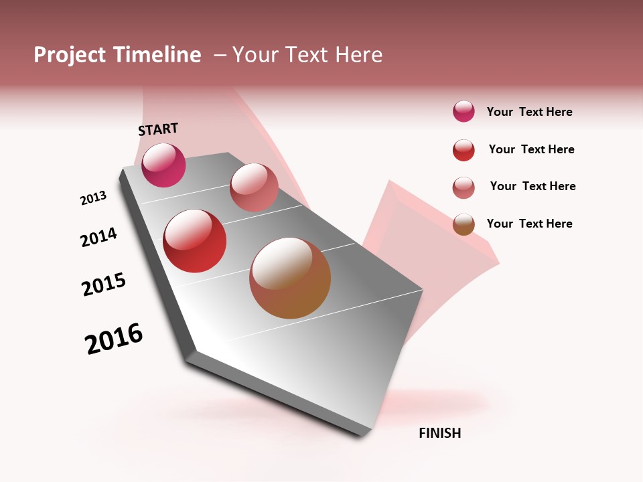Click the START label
click(x=158, y=129)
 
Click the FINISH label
click(x=439, y=433)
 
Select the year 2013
click(x=93, y=198)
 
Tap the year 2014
click(x=98, y=237)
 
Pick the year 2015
click(x=104, y=284)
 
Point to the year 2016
click(x=114, y=339)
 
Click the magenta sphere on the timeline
click(x=163, y=165)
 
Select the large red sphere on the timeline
click(x=194, y=241)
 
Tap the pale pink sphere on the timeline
click(x=254, y=187)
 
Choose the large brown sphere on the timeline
click(x=290, y=278)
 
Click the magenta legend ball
click(x=463, y=112)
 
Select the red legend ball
click(x=463, y=150)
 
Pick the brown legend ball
click(x=463, y=224)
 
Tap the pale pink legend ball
click(x=463, y=187)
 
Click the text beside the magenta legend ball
click(x=529, y=112)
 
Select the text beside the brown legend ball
click(x=529, y=224)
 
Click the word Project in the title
click(x=70, y=55)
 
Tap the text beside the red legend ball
click(x=531, y=149)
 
